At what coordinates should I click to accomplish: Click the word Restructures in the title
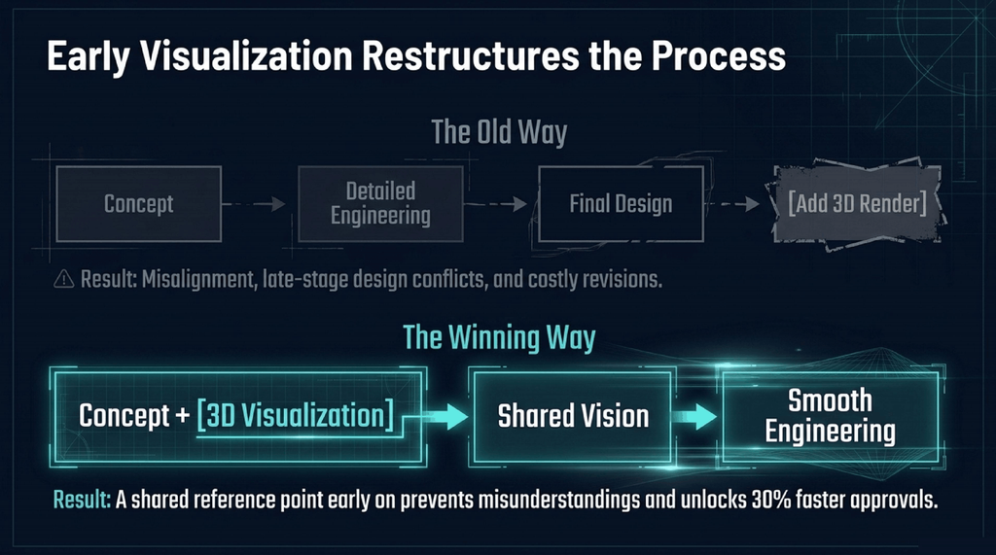click(x=471, y=55)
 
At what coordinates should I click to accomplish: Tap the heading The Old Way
click(x=499, y=132)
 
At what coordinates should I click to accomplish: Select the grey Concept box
click(x=138, y=204)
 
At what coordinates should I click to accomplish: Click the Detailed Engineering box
click(x=380, y=204)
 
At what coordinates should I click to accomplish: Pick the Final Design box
click(x=621, y=204)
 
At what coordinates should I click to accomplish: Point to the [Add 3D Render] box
click(x=857, y=204)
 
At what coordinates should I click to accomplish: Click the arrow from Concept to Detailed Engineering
click(x=254, y=204)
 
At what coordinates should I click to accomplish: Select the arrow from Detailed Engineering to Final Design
click(x=496, y=204)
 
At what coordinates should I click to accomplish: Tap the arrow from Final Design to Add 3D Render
click(x=732, y=204)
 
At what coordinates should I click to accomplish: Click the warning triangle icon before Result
click(x=63, y=279)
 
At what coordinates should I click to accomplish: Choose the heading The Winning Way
click(x=499, y=337)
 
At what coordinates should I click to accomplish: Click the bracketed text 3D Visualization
click(x=296, y=415)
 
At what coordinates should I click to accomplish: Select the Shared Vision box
click(x=573, y=416)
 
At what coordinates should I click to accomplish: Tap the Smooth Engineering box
click(x=831, y=416)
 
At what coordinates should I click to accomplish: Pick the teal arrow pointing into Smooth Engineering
click(x=694, y=417)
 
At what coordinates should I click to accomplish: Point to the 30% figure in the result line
click(x=771, y=500)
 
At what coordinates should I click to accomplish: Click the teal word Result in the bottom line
click(x=82, y=500)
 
